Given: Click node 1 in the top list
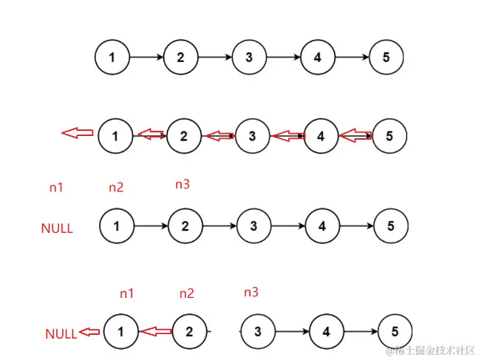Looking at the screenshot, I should pos(112,57).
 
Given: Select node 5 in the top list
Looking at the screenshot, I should pos(385,57).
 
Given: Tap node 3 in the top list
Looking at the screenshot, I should pos(249,57).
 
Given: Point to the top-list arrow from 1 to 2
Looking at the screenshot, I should pos(146,57).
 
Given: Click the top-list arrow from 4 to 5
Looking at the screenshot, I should pos(351,57).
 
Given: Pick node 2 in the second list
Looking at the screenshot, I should pos(184,135).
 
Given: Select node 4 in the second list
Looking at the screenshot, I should pos(321,135).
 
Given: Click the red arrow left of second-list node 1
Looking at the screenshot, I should pos(76,134).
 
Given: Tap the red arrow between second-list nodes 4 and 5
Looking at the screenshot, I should pos(356,135).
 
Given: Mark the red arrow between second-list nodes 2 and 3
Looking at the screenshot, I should pos(219,135).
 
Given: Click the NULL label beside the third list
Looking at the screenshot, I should pos(57,228).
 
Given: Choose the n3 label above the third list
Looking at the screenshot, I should pos(182,185).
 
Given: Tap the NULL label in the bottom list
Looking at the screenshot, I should pos(61,333).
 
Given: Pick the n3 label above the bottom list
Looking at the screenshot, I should pos(251,293).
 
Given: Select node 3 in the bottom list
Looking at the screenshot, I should pos(257,332).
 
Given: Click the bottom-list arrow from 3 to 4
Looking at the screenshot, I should pos(292,332).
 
